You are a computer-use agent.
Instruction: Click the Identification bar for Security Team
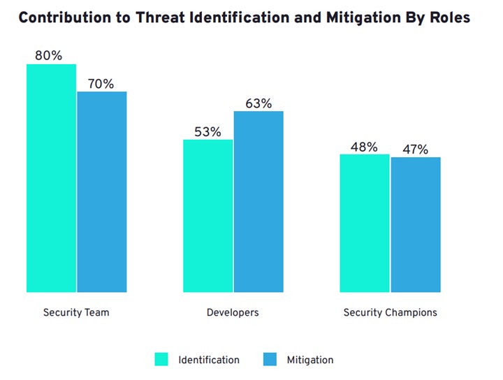51,178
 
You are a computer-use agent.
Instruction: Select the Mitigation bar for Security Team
102,192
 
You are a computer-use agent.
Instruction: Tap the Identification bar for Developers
208,216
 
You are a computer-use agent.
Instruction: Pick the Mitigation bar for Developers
258,202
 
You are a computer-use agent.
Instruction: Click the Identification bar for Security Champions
365,224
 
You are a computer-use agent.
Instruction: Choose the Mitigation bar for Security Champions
416,225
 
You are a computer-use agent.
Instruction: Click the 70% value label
101,84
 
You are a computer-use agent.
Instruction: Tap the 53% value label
207,131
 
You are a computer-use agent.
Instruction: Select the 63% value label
258,103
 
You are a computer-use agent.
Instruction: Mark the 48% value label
363,147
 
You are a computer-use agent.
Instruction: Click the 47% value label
415,149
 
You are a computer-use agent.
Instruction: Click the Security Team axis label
76,312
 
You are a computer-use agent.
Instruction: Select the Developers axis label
233,312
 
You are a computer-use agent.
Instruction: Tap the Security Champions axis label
390,312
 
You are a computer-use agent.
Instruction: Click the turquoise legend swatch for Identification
162,360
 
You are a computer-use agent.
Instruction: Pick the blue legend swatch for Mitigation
270,360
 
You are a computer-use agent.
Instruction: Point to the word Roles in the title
447,18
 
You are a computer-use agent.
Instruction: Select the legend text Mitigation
309,360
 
